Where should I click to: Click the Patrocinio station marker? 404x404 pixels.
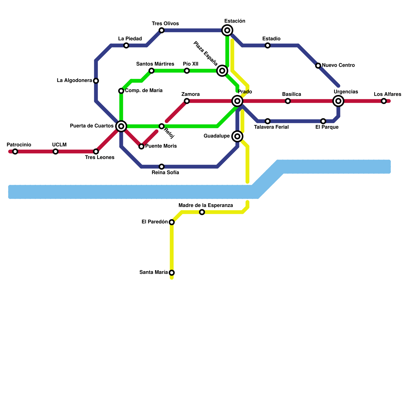pos(15,151)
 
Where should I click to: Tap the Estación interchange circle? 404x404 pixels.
pos(227,31)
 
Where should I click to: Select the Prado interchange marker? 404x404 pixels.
pos(237,101)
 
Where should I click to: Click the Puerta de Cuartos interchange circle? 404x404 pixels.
pos(121,126)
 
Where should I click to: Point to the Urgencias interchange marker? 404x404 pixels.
pos(338,101)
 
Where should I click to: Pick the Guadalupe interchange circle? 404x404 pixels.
pos(237,136)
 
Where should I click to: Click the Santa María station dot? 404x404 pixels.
pos(172,273)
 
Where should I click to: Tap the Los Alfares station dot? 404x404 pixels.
pos(384,101)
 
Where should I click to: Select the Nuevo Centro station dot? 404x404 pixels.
pos(318,66)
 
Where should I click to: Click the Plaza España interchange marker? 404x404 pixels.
pos(222,71)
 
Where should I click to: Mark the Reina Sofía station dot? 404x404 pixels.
pos(162,167)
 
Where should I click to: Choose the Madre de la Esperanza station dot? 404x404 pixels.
pos(202,212)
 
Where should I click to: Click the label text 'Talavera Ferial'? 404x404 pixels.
pos(271,127)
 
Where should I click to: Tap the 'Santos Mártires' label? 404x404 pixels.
pos(155,64)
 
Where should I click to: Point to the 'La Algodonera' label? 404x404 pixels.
pos(74,81)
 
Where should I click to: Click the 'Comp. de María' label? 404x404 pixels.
pos(144,91)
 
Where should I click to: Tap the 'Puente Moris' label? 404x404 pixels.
pos(161,146)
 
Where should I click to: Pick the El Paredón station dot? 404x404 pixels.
pos(172,222)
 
